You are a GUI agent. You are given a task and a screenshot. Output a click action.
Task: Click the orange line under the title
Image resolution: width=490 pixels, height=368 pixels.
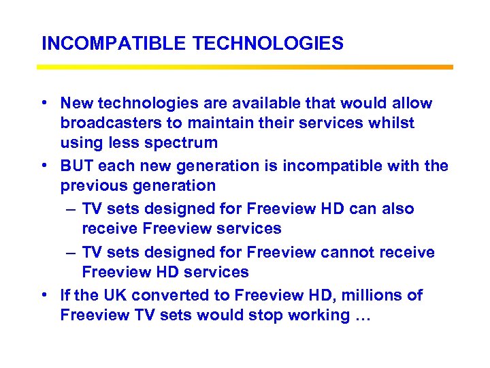click(x=245, y=67)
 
